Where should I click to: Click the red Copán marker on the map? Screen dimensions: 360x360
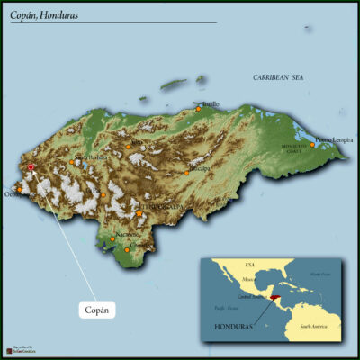pos(31,166)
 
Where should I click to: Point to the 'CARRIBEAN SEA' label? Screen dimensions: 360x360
pos(278,78)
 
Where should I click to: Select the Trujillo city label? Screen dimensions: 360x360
pos(209,103)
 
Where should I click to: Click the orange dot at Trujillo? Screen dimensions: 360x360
pos(199,109)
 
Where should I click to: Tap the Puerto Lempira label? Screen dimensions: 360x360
pos(335,139)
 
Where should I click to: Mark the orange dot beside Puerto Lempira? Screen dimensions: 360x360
pos(314,142)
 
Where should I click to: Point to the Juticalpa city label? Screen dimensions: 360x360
pos(200,167)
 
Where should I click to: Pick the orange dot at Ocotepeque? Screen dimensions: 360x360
pos(17,189)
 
